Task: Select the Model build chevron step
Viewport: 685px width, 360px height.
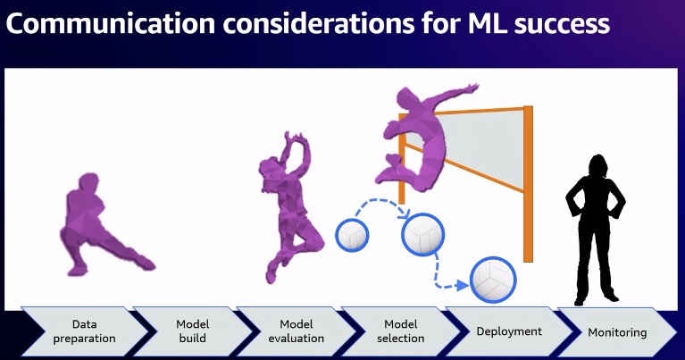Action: tap(193, 331)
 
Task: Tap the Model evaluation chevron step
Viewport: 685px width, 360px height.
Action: tap(297, 331)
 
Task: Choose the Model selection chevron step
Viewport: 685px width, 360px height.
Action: tap(401, 331)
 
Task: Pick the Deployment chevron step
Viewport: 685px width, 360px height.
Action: tap(509, 331)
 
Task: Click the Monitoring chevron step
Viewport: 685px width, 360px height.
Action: tap(617, 332)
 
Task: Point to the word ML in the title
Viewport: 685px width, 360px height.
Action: tap(486, 23)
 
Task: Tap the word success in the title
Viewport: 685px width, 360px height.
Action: tap(562, 25)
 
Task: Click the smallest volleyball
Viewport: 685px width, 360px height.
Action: tap(352, 236)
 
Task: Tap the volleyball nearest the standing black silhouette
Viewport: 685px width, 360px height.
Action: tap(493, 280)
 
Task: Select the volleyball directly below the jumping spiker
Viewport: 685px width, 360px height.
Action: tap(422, 235)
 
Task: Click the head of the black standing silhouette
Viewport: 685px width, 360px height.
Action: tap(597, 166)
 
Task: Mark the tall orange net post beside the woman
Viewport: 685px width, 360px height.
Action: tap(528, 183)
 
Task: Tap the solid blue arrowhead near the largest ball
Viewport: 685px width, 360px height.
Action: tap(464, 286)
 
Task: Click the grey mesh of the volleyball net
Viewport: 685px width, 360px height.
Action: tap(485, 144)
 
